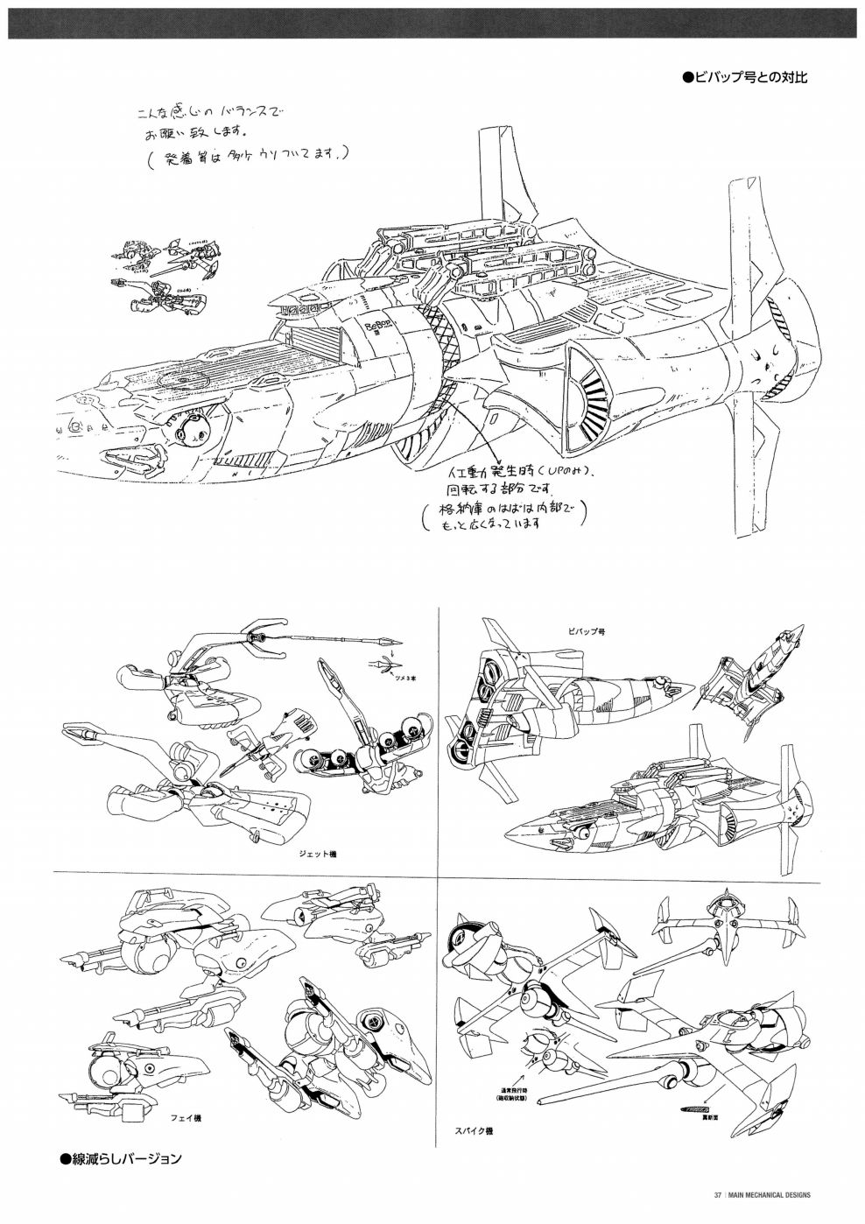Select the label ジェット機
[318, 854]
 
